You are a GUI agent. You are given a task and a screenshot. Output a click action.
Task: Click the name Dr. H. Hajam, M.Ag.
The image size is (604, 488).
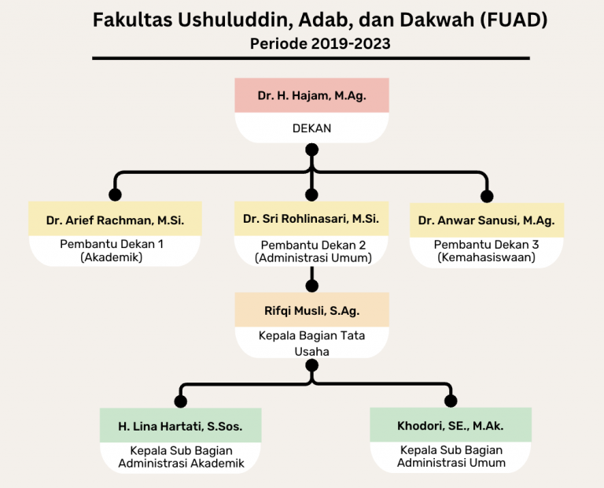click(311, 95)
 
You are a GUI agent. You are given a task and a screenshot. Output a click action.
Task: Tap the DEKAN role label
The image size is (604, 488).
click(311, 128)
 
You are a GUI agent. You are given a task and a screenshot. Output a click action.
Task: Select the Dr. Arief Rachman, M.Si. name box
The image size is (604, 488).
click(115, 219)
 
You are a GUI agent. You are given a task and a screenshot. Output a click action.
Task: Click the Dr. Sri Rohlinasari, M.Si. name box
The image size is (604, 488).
click(311, 219)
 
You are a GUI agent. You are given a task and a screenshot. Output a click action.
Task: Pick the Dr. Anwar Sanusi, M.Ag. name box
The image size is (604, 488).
click(487, 220)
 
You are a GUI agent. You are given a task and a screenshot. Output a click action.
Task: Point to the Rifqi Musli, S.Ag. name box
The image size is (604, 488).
click(311, 309)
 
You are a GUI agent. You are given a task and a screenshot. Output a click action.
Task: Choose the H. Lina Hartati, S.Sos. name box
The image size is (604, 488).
click(180, 425)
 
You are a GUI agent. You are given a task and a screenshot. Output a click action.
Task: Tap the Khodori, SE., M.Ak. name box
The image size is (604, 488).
click(451, 424)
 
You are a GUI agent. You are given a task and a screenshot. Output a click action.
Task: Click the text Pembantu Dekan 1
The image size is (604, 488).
click(112, 244)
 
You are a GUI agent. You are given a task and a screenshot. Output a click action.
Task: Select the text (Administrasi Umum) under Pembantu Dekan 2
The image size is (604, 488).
click(313, 258)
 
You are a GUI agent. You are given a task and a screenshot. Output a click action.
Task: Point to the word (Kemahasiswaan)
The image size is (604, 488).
click(487, 257)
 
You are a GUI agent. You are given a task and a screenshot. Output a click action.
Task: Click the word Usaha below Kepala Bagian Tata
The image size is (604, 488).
click(311, 352)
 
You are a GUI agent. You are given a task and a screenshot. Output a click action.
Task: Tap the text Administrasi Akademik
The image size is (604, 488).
click(181, 463)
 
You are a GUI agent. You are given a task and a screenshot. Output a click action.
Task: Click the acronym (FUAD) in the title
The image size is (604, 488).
click(514, 20)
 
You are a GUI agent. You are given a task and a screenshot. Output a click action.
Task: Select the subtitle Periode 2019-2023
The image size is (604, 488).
click(320, 43)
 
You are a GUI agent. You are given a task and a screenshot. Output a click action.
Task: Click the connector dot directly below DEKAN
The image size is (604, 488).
click(311, 150)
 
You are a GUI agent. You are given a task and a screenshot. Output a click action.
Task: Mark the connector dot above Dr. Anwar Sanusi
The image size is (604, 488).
click(487, 196)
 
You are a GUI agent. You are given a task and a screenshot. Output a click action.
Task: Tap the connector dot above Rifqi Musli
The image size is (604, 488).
click(311, 286)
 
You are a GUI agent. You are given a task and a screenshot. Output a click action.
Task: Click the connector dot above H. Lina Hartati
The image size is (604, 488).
click(180, 401)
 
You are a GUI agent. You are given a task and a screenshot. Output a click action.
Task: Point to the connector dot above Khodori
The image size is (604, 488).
click(451, 401)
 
